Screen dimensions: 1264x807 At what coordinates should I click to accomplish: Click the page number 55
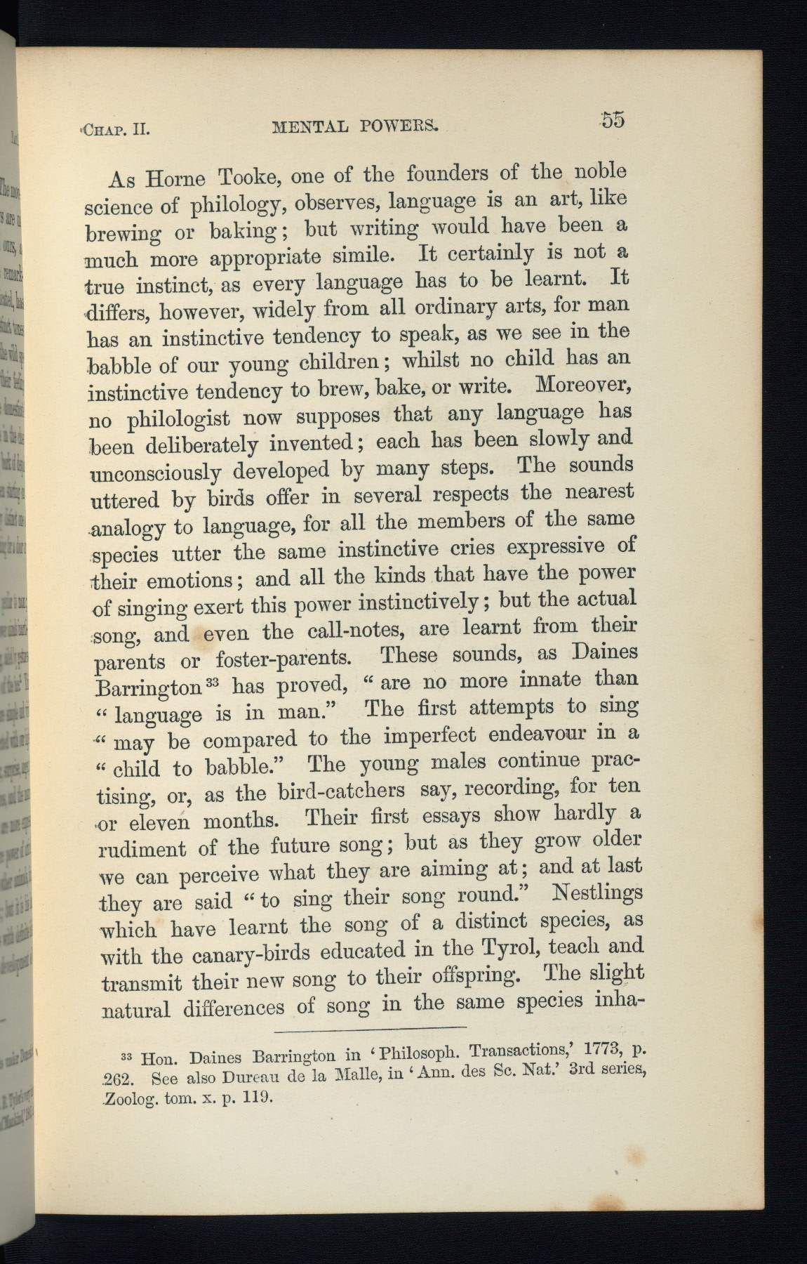[x=612, y=119]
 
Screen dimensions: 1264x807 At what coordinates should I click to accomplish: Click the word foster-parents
[x=284, y=659]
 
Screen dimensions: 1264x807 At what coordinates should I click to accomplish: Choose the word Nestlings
[x=597, y=894]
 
